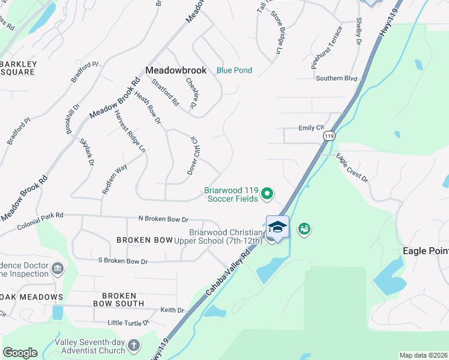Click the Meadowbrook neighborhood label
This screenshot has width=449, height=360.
tap(176, 70)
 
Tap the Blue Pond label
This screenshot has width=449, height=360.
tap(234, 70)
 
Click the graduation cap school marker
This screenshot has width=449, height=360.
tap(277, 227)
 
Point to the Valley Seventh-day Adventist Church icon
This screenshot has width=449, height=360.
tap(133, 346)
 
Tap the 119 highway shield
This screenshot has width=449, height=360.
tap(328, 137)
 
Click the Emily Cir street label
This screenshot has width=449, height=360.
tap(311, 128)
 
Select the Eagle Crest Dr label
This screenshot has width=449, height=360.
tap(352, 167)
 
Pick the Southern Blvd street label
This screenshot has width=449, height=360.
tap(336, 78)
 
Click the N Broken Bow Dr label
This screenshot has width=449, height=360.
tap(163, 219)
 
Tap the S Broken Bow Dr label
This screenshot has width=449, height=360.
tap(122, 261)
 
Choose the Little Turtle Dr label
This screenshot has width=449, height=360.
tap(128, 323)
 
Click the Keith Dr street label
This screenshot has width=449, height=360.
tap(172, 310)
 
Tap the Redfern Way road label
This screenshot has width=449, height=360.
tap(115, 178)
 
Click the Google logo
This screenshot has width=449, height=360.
tap(20, 352)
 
